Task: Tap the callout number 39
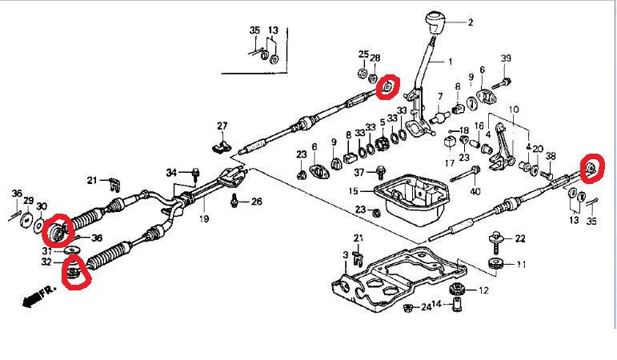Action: (x=506, y=59)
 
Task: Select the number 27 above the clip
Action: (x=222, y=125)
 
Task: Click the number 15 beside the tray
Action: (x=354, y=191)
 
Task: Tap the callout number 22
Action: (x=519, y=238)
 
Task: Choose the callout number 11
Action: (x=521, y=264)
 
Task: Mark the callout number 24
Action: (x=427, y=306)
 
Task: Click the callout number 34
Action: (x=171, y=172)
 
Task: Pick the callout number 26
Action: (x=257, y=201)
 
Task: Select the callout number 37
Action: (x=359, y=171)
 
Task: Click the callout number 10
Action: (x=513, y=109)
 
